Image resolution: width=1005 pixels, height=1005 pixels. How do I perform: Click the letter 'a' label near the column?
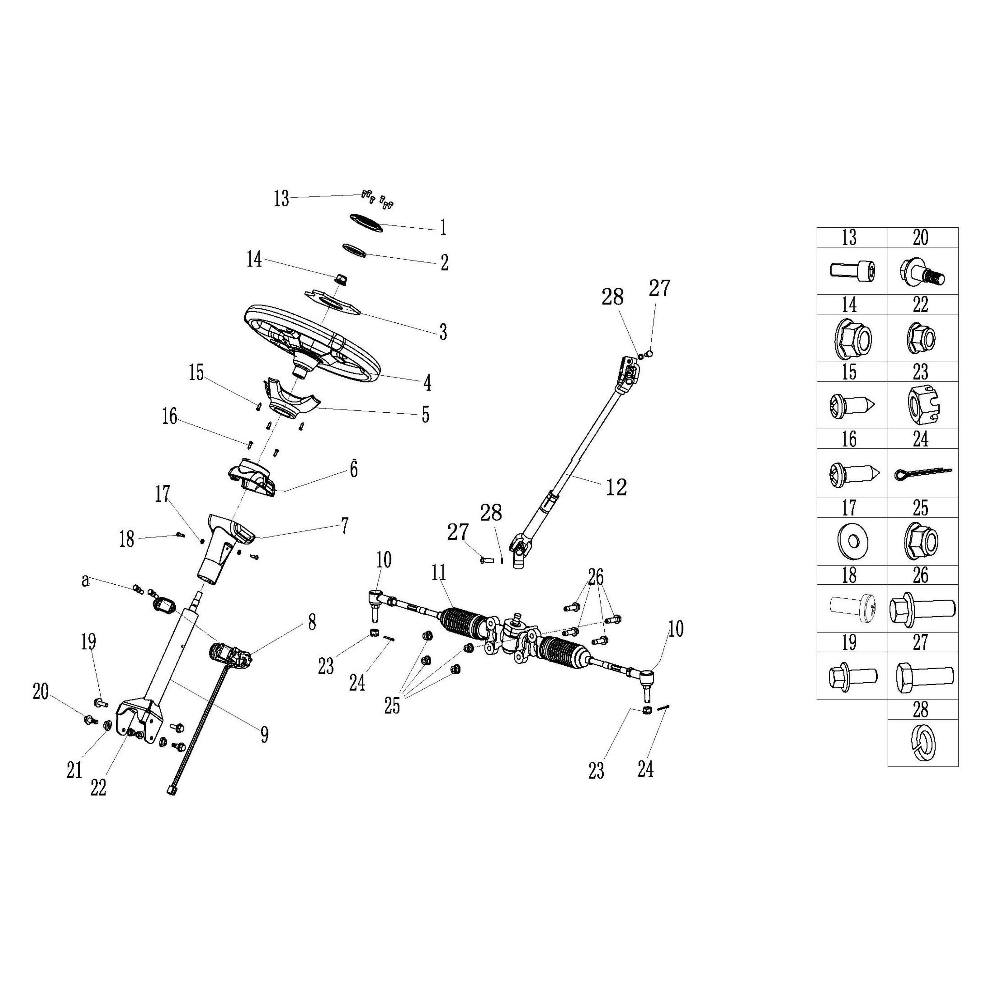click(x=86, y=581)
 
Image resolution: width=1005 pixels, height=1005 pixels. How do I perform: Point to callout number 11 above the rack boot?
click(x=438, y=573)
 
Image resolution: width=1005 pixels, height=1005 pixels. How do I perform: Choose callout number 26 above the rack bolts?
click(x=596, y=576)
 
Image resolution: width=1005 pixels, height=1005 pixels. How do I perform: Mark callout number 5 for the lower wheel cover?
click(x=425, y=415)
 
